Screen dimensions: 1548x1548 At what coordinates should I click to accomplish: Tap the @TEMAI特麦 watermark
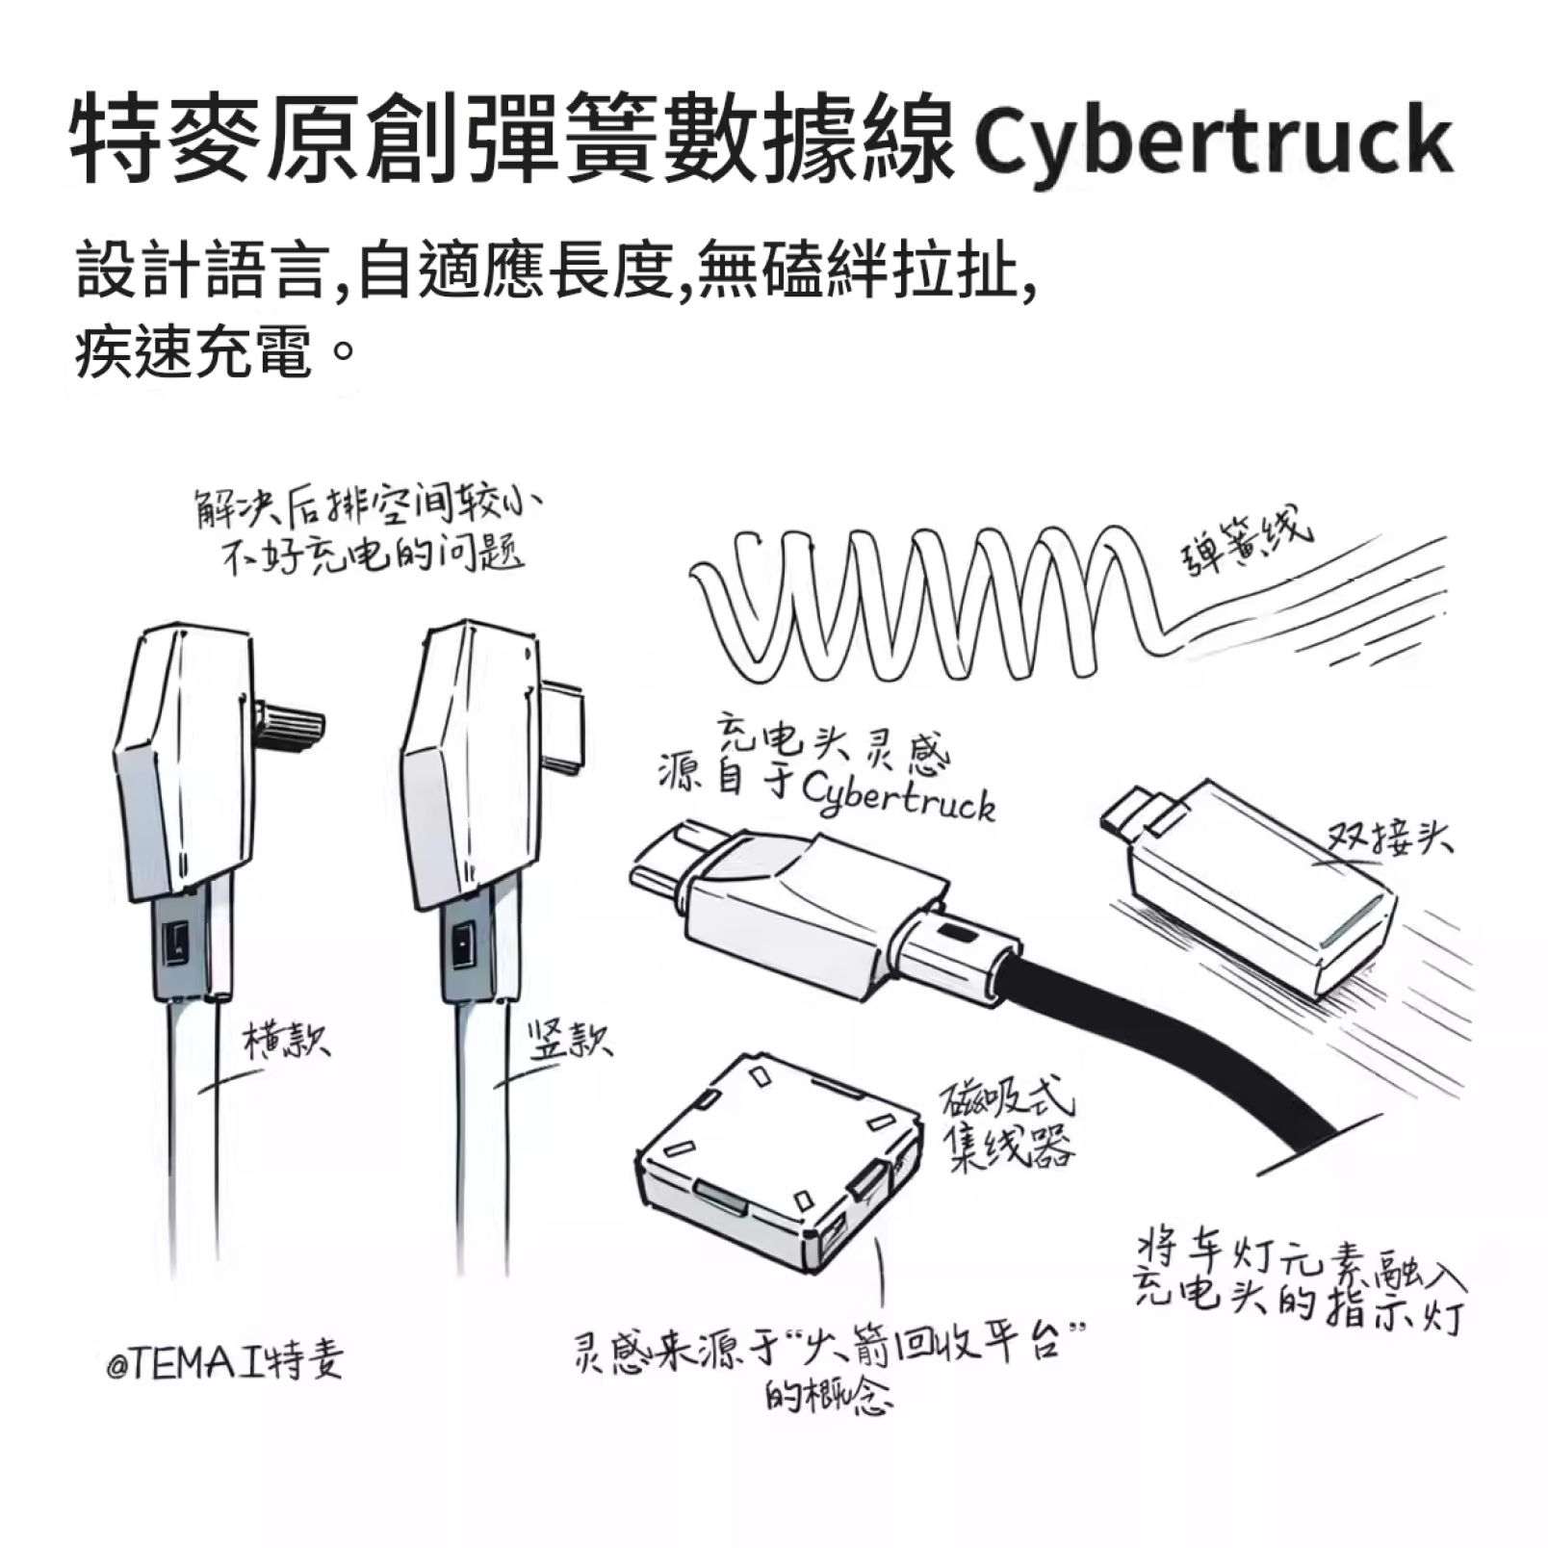click(225, 1363)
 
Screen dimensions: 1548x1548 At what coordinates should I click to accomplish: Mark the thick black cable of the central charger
click(1155, 1040)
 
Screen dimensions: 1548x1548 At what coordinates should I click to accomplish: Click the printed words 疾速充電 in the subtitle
click(194, 352)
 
